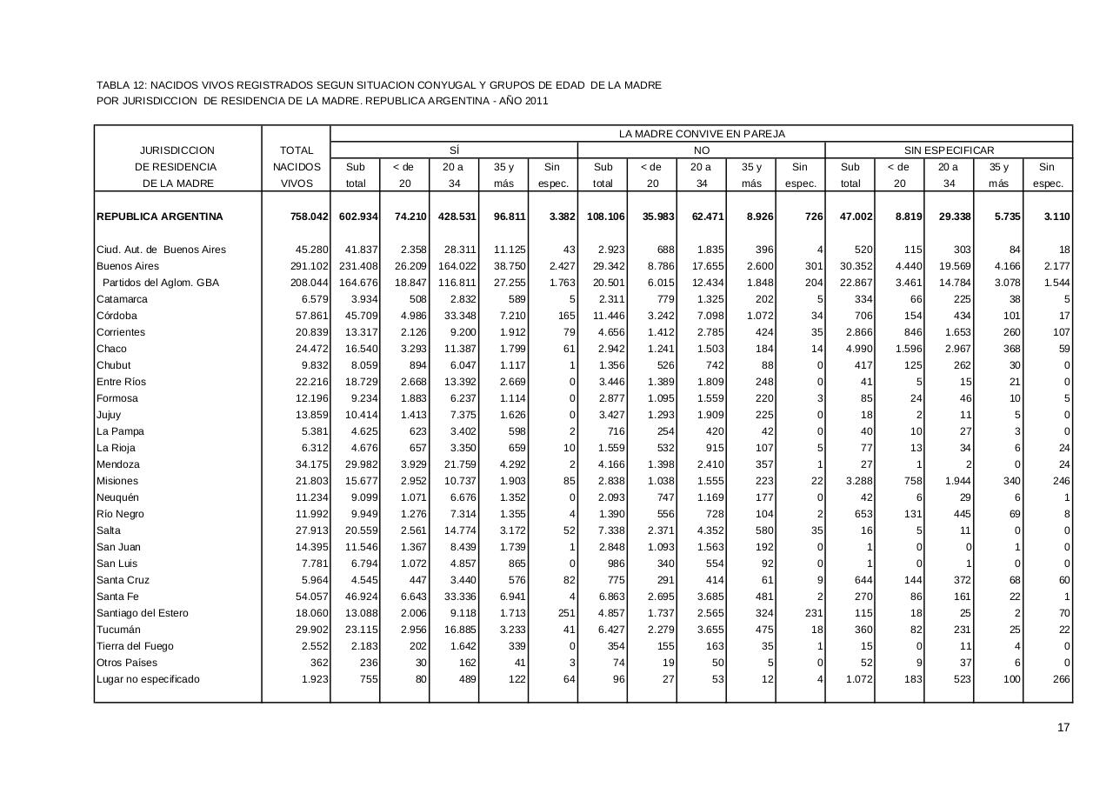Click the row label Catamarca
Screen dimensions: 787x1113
coord(122,299)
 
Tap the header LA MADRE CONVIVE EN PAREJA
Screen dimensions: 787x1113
coord(701,134)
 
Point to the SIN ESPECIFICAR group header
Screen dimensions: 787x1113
coord(949,150)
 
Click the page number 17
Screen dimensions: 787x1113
coord(1063,728)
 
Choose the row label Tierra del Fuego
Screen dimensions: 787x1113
coord(135,646)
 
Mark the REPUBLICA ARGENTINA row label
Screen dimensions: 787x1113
coord(159,217)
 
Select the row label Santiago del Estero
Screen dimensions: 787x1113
coord(143,613)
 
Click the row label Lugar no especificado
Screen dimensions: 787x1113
coord(148,679)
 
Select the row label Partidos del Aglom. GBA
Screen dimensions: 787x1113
coord(160,283)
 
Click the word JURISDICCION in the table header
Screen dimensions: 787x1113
coord(177,150)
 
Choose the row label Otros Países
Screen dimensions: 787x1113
coord(127,663)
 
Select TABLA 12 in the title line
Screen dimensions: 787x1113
coord(121,85)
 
